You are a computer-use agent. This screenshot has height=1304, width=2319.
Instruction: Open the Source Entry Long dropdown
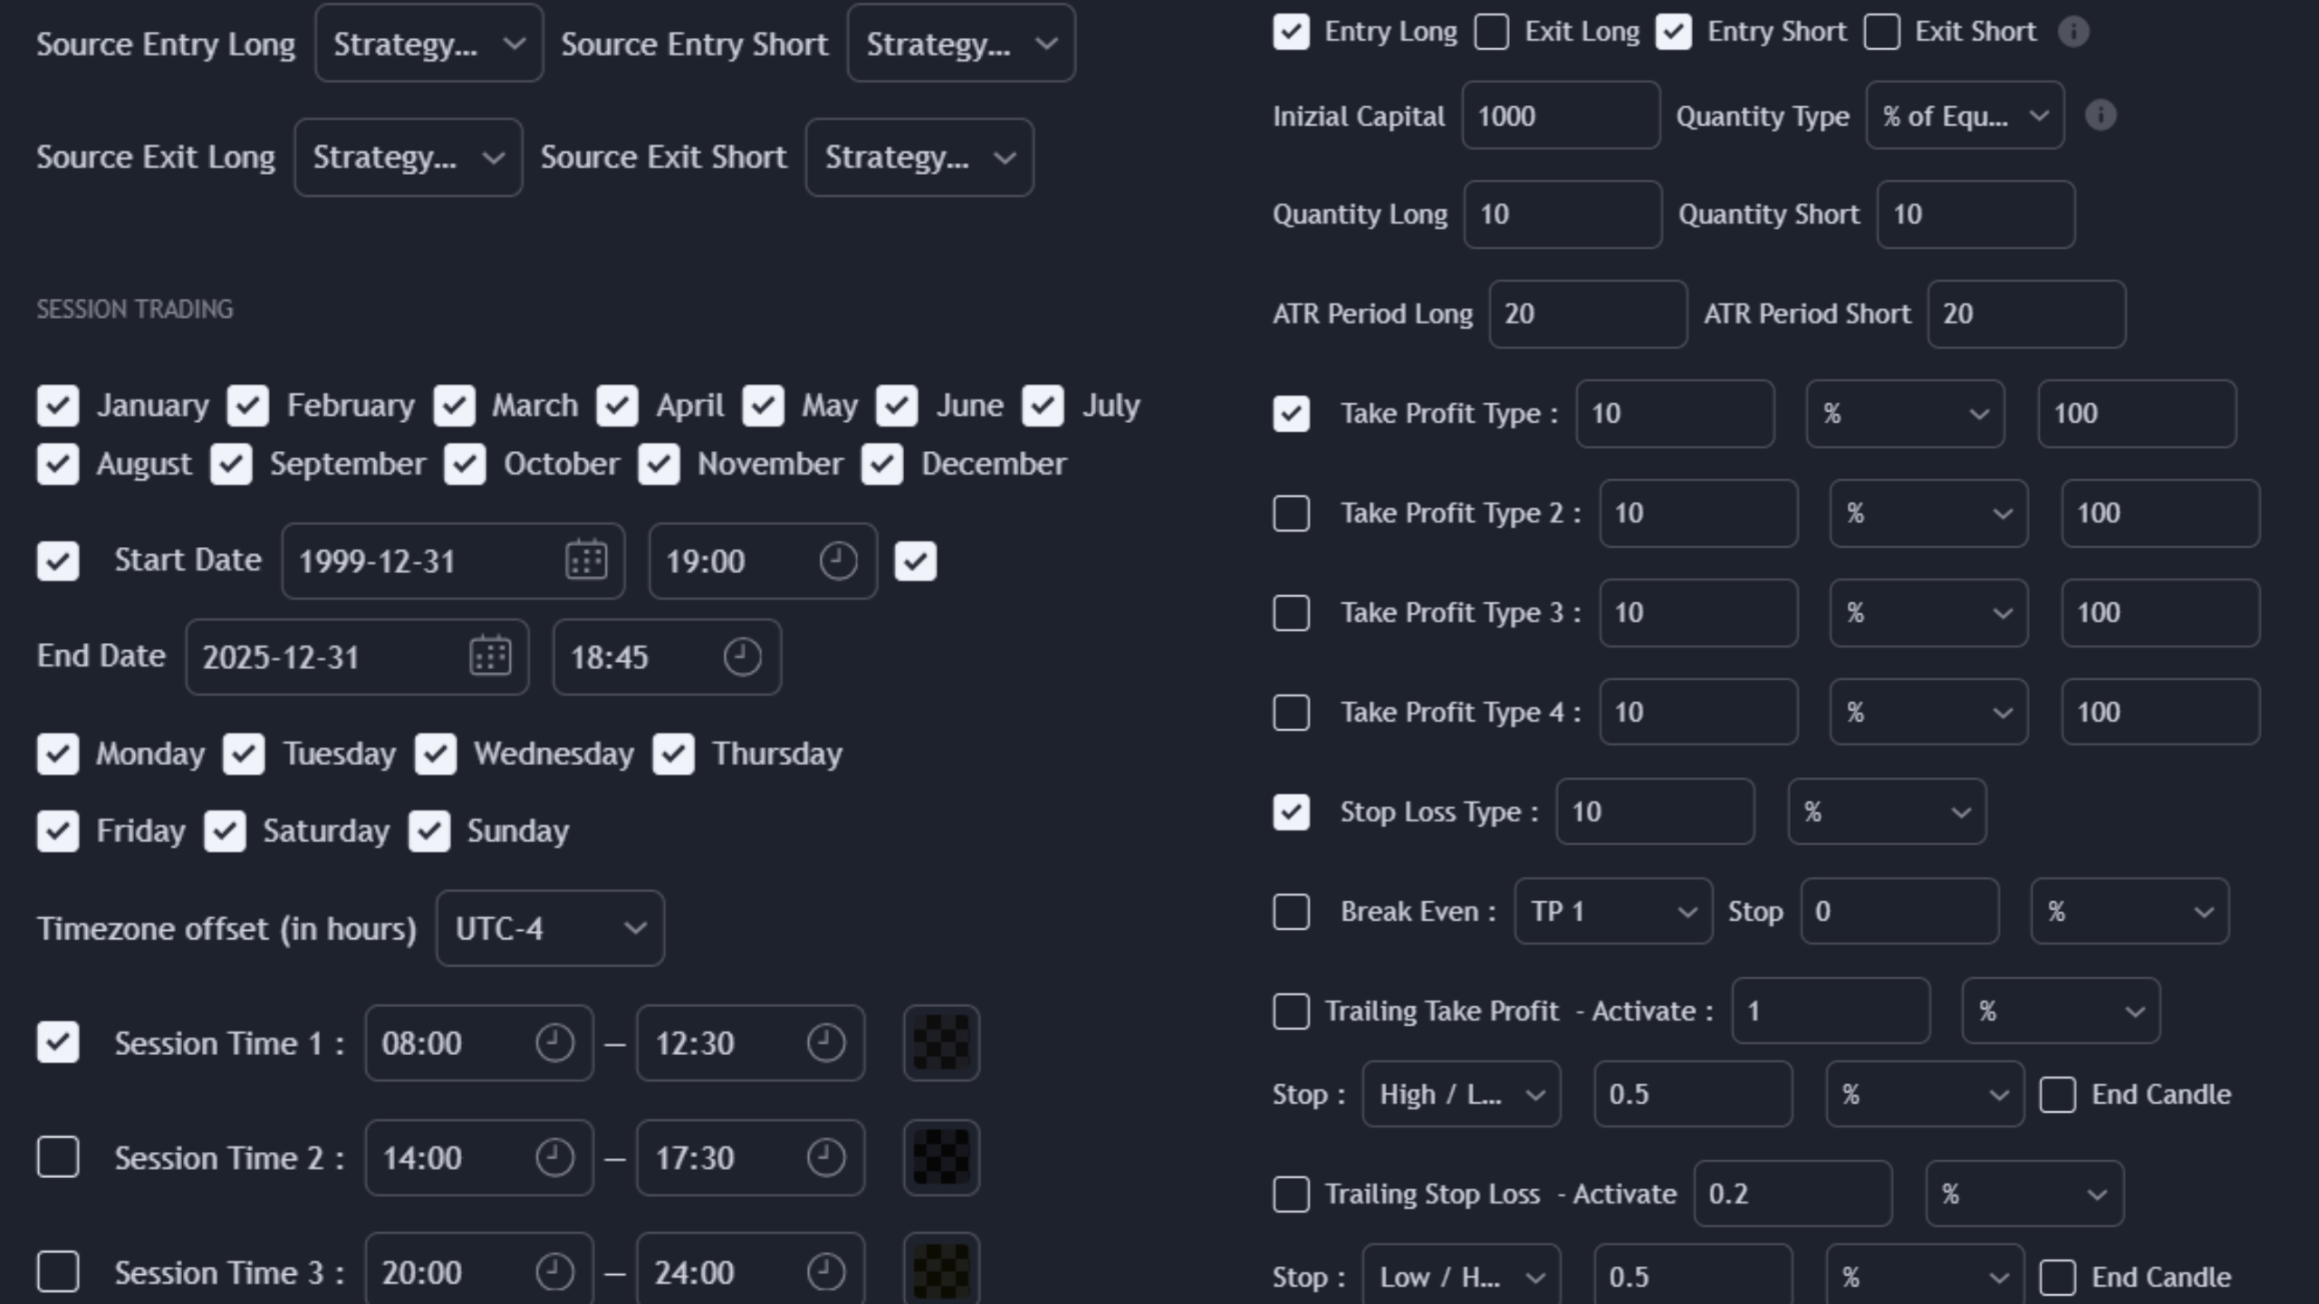point(428,43)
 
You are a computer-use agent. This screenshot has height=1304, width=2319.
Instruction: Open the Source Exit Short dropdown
point(919,158)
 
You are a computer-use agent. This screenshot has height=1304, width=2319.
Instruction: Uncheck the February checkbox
point(248,406)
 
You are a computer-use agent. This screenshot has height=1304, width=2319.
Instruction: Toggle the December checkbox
point(882,464)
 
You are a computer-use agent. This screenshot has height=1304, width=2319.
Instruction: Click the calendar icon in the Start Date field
point(586,561)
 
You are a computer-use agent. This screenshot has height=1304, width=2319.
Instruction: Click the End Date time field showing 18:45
point(667,657)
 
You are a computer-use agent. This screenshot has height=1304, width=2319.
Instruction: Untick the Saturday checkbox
point(225,831)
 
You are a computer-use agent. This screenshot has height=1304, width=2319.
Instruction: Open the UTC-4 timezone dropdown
point(550,928)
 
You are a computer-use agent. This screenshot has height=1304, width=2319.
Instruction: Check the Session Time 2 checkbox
point(58,1157)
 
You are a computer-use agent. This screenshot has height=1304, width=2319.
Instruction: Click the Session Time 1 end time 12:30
point(750,1043)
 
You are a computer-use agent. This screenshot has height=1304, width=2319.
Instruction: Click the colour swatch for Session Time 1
point(941,1043)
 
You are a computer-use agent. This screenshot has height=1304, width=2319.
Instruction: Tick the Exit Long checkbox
point(1492,32)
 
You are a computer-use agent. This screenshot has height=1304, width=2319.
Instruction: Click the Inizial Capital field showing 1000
point(1561,116)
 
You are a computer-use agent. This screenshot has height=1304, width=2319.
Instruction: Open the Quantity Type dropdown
point(1965,116)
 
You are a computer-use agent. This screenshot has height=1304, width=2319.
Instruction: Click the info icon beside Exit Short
point(2074,32)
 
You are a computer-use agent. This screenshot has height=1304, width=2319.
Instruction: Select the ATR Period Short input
point(2026,314)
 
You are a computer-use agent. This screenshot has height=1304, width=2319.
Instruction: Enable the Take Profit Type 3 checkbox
point(1291,613)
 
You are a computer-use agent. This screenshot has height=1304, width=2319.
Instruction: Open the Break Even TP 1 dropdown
point(1613,911)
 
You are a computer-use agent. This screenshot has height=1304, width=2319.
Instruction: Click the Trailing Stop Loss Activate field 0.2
point(1793,1194)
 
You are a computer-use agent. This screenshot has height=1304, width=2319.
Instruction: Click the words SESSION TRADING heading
point(135,310)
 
